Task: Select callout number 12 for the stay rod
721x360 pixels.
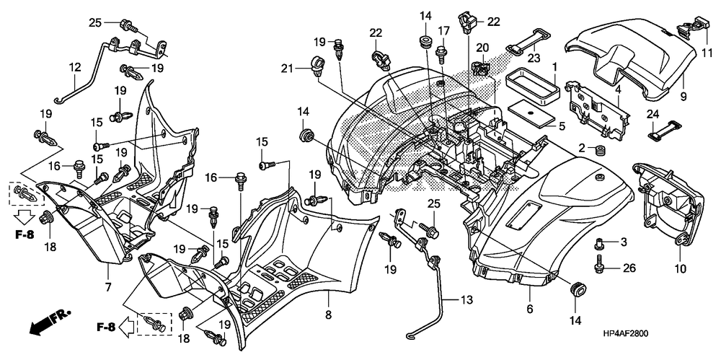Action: [74, 68]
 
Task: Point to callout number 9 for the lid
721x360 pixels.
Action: [684, 97]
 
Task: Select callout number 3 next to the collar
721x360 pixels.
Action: [624, 242]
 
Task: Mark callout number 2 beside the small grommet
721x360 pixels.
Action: [582, 148]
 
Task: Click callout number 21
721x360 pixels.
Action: [288, 69]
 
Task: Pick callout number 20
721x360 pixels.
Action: [482, 48]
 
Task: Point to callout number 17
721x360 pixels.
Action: [443, 31]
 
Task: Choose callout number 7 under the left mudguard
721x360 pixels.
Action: [109, 287]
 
